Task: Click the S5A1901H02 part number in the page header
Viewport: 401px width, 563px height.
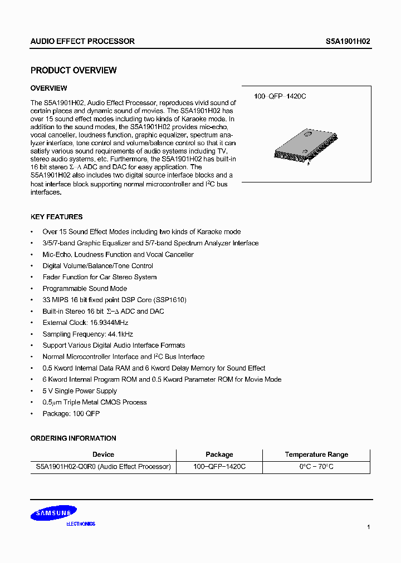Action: (348, 41)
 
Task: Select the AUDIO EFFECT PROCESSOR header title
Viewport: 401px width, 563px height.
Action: (82, 41)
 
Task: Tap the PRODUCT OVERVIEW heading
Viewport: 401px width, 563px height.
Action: (74, 71)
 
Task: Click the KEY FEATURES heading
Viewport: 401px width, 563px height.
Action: (56, 217)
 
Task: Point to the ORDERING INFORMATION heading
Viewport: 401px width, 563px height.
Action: (73, 438)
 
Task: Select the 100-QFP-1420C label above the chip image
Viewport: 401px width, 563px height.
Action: (280, 96)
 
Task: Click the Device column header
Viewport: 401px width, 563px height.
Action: (103, 455)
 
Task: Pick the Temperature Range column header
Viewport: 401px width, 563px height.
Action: (316, 455)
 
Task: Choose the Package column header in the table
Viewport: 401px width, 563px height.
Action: (219, 455)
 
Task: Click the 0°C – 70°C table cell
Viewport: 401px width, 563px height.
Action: (316, 467)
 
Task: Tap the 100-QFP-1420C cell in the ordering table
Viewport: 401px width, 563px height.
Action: (219, 467)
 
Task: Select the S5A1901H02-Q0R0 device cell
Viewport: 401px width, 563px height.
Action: (100, 467)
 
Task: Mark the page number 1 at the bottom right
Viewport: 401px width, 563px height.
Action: (368, 526)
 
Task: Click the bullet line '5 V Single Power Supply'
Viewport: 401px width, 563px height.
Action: (80, 391)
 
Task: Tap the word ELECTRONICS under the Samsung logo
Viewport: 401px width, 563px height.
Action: (81, 524)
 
